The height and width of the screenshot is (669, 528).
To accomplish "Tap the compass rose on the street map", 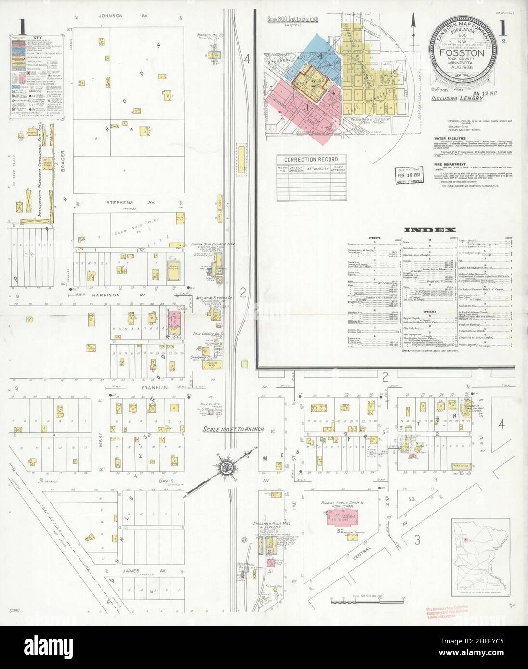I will [x=225, y=466].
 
